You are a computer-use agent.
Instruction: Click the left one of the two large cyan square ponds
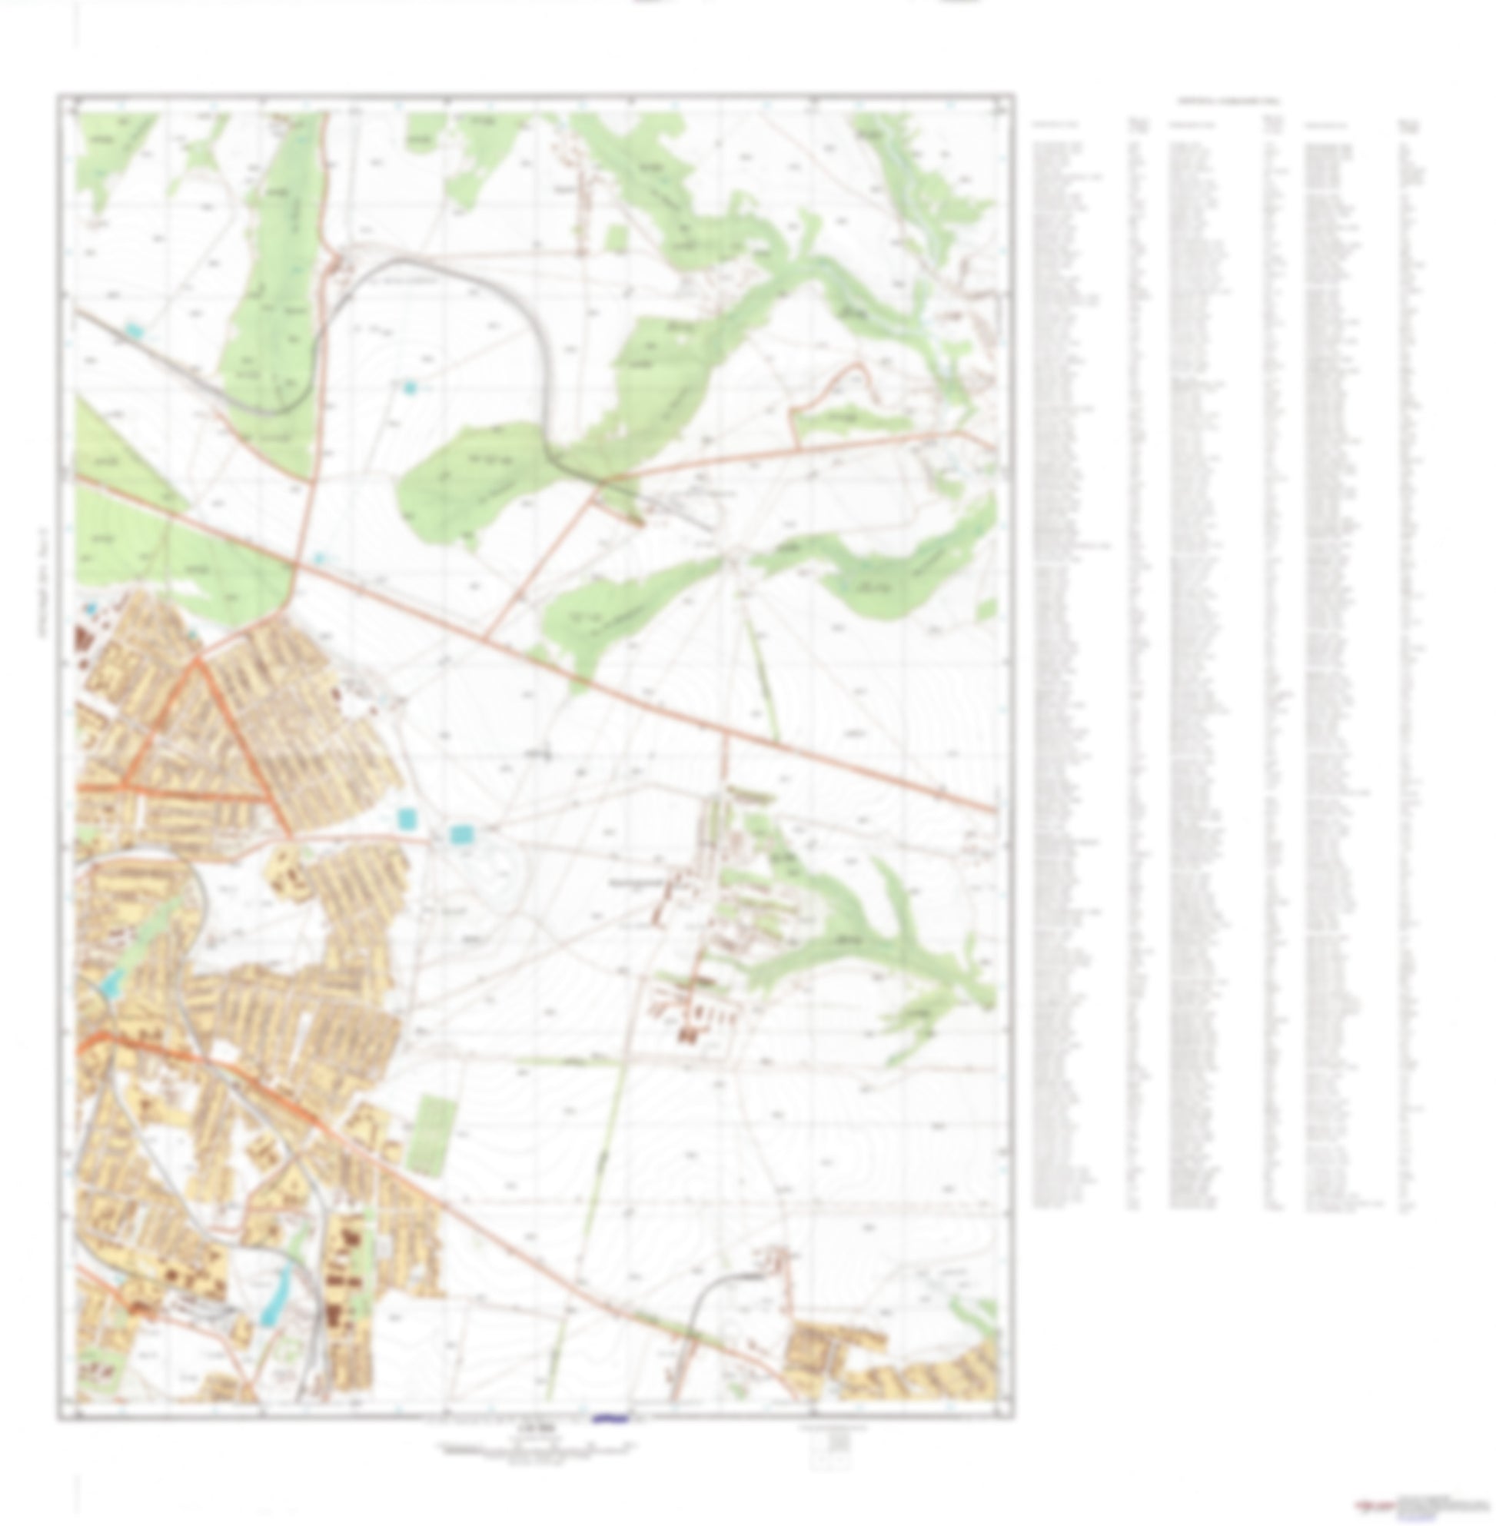(x=406, y=819)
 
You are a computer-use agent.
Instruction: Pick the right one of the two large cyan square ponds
(x=461, y=833)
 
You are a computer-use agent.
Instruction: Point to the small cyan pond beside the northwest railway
(x=135, y=331)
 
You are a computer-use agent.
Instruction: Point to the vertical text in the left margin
(x=42, y=581)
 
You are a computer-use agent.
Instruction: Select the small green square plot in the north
(x=617, y=238)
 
